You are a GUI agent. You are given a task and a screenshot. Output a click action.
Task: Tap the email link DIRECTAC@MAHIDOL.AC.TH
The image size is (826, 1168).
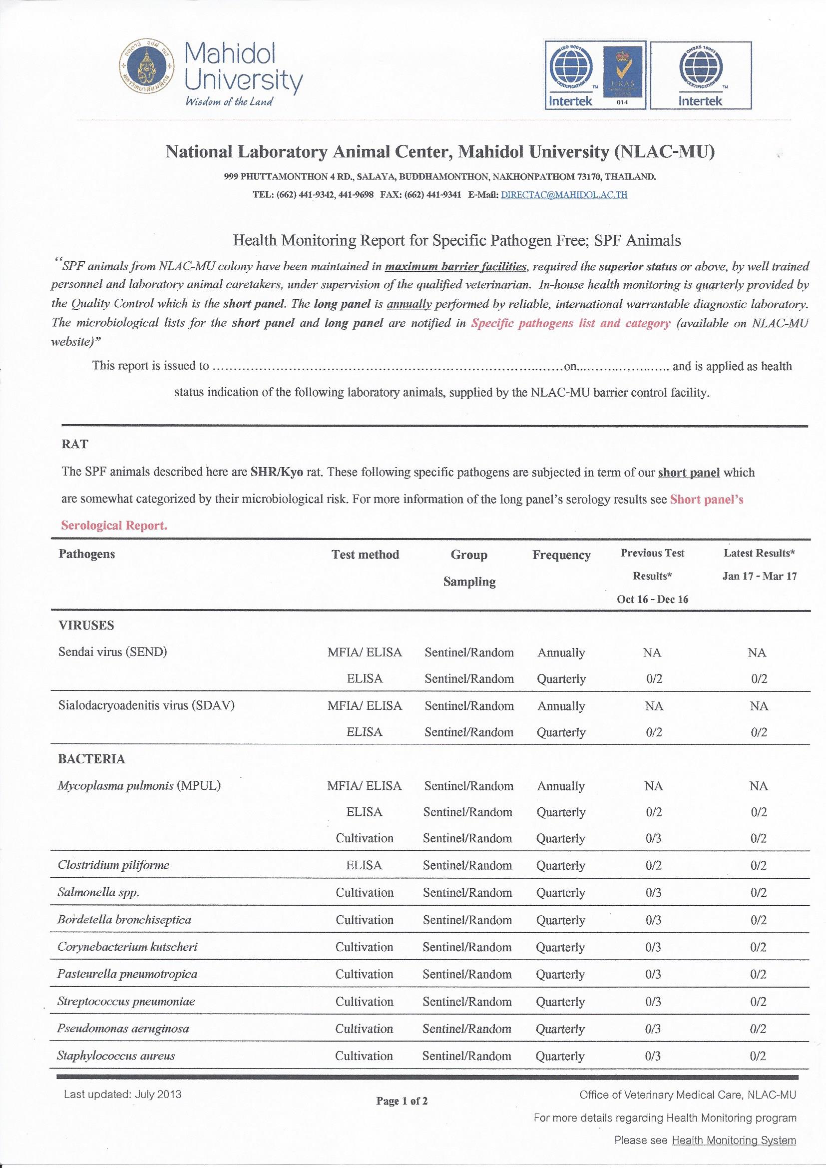(564, 195)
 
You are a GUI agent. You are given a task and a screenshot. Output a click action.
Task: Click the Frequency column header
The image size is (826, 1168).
(561, 555)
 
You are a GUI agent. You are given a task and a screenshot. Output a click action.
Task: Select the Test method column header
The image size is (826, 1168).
(365, 555)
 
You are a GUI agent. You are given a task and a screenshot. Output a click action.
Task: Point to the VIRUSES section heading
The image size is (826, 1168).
(86, 625)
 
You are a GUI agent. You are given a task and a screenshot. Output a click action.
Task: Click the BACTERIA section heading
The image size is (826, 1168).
(91, 759)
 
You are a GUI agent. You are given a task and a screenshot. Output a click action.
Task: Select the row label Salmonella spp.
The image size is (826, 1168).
(98, 892)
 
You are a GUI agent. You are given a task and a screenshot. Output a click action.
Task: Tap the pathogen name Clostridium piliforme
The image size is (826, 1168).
(113, 865)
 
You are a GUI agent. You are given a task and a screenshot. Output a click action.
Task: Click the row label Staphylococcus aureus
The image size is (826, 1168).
(116, 1056)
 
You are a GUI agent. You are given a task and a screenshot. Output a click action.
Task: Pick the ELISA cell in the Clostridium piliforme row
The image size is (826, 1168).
(364, 865)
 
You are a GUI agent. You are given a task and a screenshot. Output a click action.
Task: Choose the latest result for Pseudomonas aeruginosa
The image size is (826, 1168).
(758, 1029)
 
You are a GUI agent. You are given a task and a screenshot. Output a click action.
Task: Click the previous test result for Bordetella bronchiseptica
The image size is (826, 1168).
(653, 920)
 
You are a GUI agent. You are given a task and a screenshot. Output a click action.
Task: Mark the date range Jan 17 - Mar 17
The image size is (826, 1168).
(760, 577)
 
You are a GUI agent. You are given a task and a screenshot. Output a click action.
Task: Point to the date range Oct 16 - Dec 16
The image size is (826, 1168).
(653, 599)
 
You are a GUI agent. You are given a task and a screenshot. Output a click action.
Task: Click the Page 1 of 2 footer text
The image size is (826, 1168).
(402, 1102)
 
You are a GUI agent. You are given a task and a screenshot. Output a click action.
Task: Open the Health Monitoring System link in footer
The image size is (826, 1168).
(734, 1141)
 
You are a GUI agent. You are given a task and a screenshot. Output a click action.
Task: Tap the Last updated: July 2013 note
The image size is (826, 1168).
(122, 1094)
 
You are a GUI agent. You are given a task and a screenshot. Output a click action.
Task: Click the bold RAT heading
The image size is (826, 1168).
(74, 444)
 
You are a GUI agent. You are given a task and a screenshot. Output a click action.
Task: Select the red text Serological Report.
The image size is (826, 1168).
(114, 526)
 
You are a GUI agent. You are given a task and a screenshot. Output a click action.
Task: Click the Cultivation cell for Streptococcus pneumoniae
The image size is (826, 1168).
(364, 1001)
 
